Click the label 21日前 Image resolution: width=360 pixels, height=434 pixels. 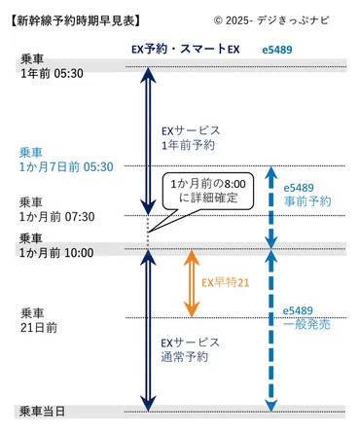39,327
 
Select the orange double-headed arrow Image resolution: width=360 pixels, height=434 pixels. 192,282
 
